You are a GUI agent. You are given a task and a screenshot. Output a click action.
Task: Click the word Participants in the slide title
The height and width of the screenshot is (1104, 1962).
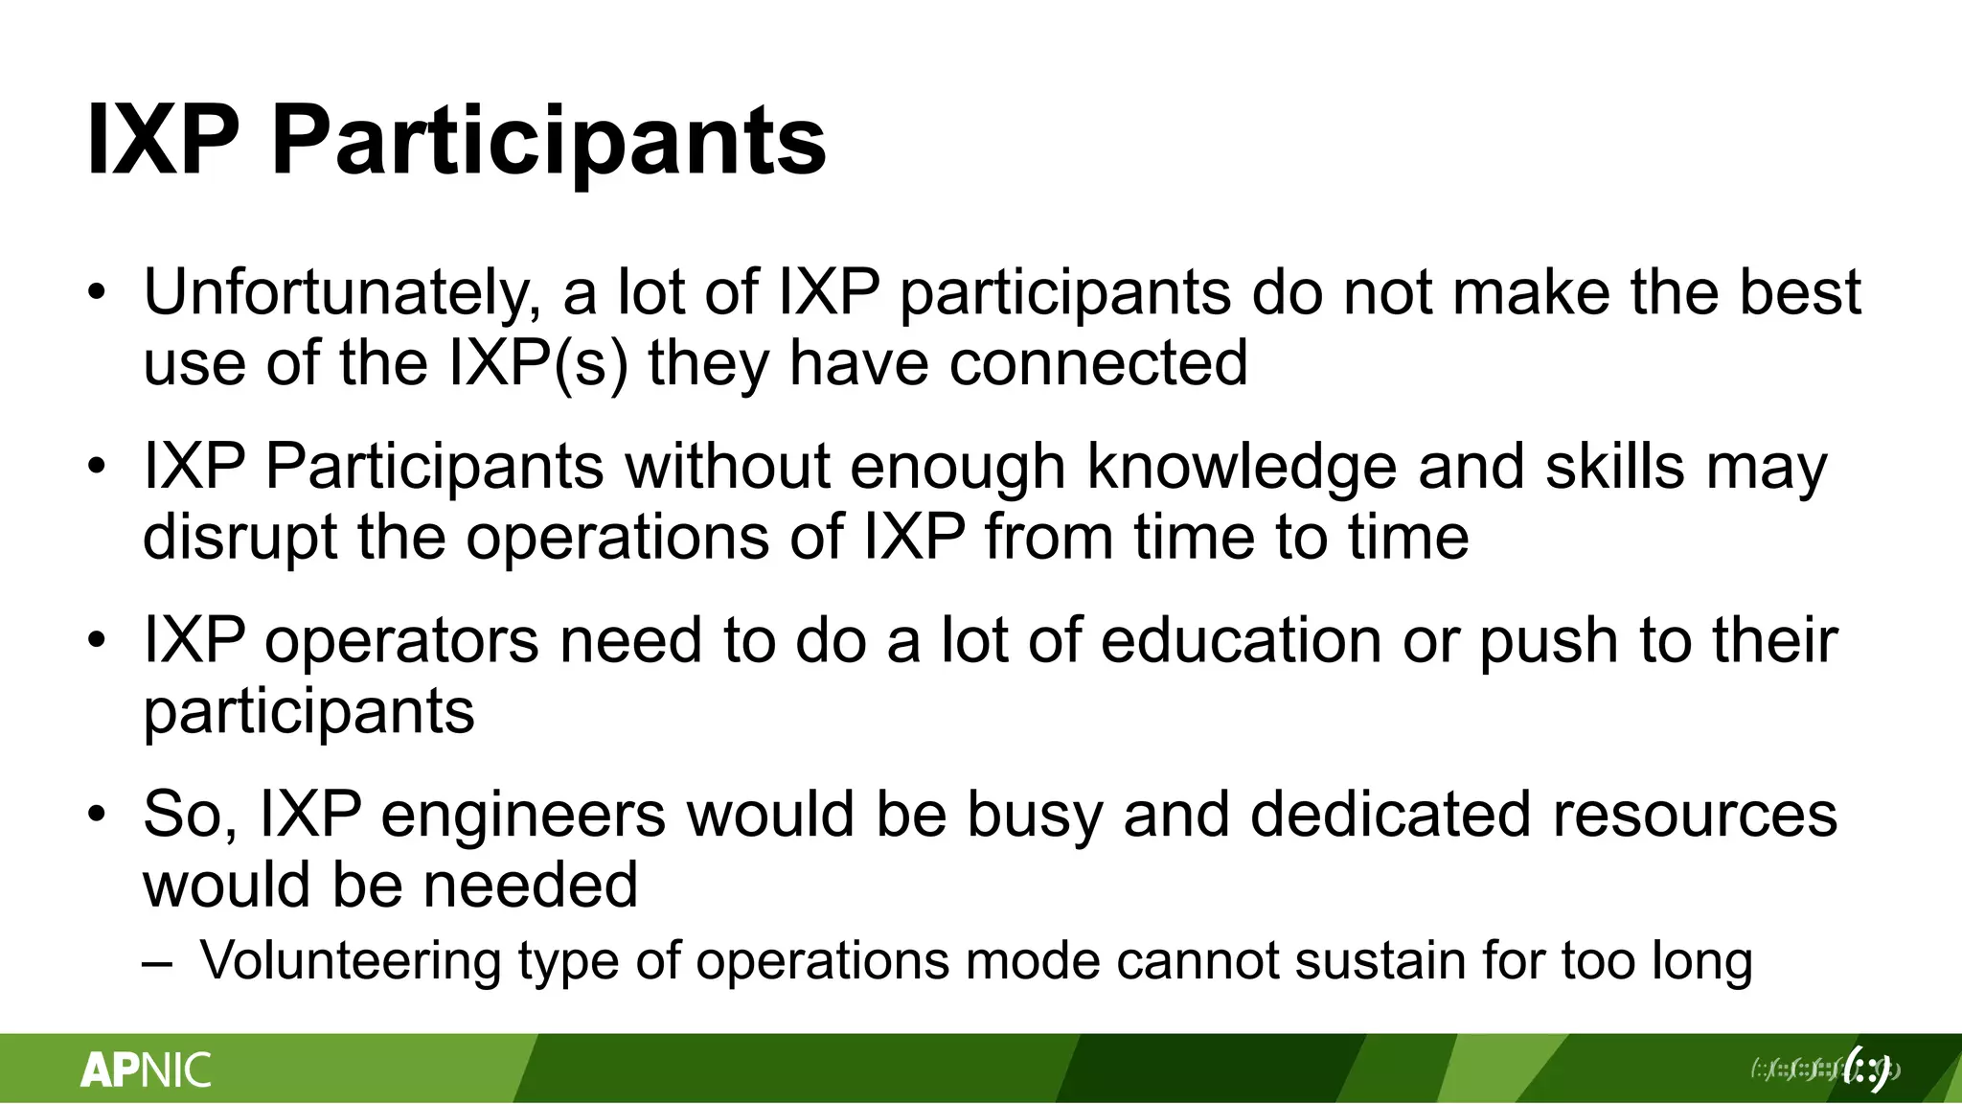548,142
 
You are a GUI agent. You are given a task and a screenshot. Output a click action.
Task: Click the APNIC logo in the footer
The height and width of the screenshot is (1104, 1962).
146,1069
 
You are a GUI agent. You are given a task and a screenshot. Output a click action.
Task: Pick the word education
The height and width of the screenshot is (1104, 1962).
1241,640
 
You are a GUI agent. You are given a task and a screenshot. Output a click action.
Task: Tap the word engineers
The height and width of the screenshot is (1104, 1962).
523,815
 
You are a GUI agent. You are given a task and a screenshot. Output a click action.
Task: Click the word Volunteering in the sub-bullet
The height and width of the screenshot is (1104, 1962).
350,960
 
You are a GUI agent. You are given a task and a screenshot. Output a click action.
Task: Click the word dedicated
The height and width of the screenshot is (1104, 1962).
1390,815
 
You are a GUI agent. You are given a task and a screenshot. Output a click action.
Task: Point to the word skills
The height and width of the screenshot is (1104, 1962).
1614,468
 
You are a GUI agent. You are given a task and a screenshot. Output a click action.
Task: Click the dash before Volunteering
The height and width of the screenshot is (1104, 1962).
157,962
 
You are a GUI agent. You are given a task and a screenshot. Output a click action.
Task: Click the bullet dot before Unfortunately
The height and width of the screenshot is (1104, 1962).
97,293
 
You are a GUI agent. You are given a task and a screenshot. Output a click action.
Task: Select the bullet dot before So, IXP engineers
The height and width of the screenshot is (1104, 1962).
97,815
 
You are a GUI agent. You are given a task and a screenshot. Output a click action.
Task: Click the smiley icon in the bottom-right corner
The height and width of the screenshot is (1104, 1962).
1866,1069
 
